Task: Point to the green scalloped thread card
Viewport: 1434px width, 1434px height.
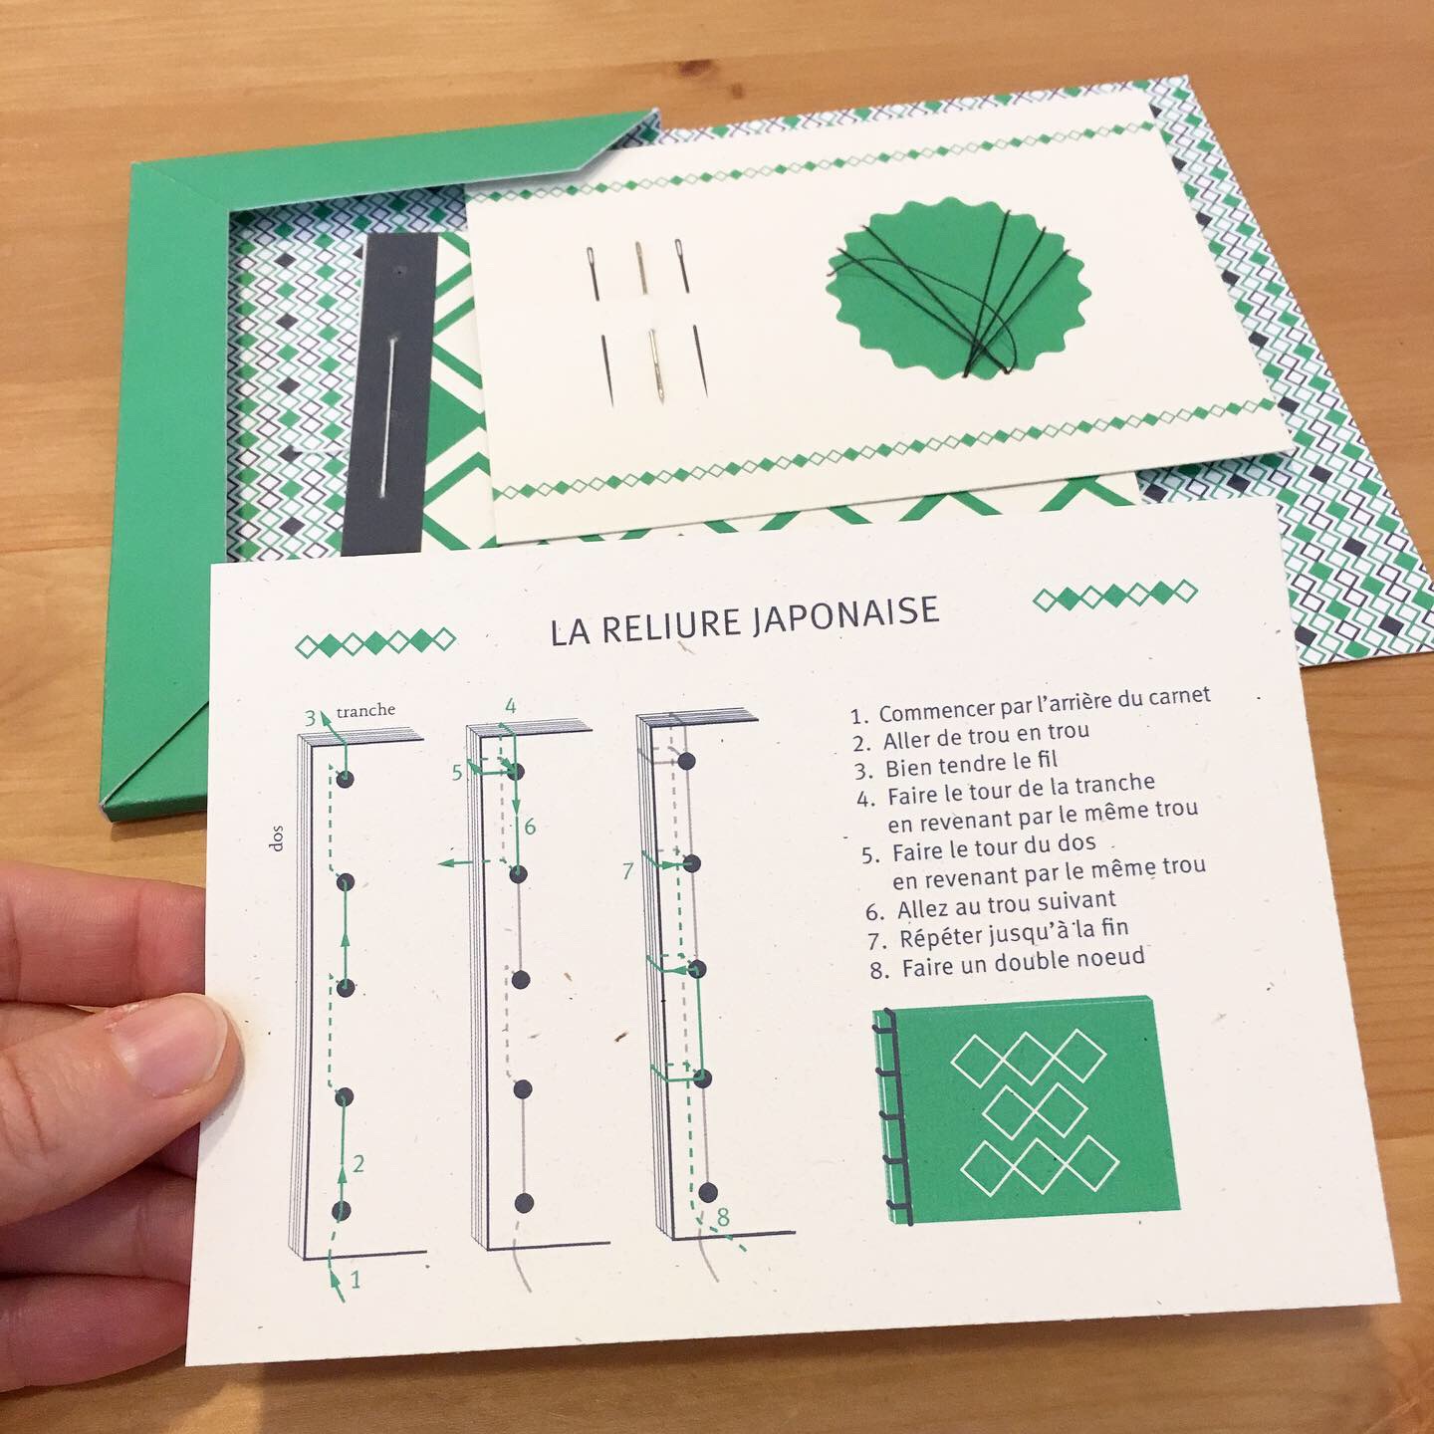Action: [x=958, y=287]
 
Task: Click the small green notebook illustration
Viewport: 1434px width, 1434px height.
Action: [x=1026, y=1112]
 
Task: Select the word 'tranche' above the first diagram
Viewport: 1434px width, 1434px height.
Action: [x=365, y=710]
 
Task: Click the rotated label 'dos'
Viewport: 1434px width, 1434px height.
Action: [x=278, y=838]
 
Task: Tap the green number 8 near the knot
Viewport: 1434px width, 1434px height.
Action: [x=723, y=1216]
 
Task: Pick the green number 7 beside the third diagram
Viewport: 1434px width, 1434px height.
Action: [x=627, y=870]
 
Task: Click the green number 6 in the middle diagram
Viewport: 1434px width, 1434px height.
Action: [x=530, y=826]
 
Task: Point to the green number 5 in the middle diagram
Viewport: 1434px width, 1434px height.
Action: [x=457, y=772]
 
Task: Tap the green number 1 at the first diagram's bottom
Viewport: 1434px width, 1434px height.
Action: [x=355, y=1280]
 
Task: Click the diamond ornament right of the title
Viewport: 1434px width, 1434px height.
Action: [x=1114, y=596]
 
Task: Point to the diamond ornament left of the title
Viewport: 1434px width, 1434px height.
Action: [x=375, y=642]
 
